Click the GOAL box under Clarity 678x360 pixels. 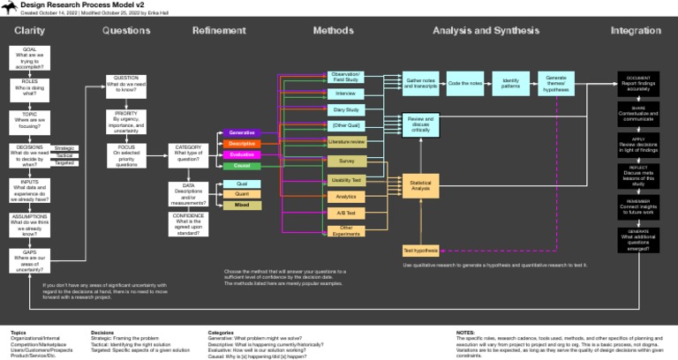pyautogui.click(x=30, y=58)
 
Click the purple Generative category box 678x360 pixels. pyautogui.click(x=242, y=132)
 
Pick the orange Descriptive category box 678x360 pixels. pyautogui.click(x=242, y=143)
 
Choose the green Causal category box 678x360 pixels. pyautogui.click(x=242, y=165)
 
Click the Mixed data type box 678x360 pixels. pyautogui.click(x=242, y=205)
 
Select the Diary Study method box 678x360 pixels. pyautogui.click(x=345, y=109)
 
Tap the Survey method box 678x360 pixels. pyautogui.click(x=345, y=161)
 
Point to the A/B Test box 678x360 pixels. pyautogui.click(x=345, y=213)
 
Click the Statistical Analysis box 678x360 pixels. pyautogui.click(x=420, y=185)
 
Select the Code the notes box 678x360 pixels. pyautogui.click(x=465, y=83)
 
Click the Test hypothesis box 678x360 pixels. pyautogui.click(x=420, y=251)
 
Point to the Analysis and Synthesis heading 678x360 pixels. pyautogui.click(x=485, y=31)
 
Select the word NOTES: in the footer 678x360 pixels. pyautogui.click(x=465, y=333)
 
